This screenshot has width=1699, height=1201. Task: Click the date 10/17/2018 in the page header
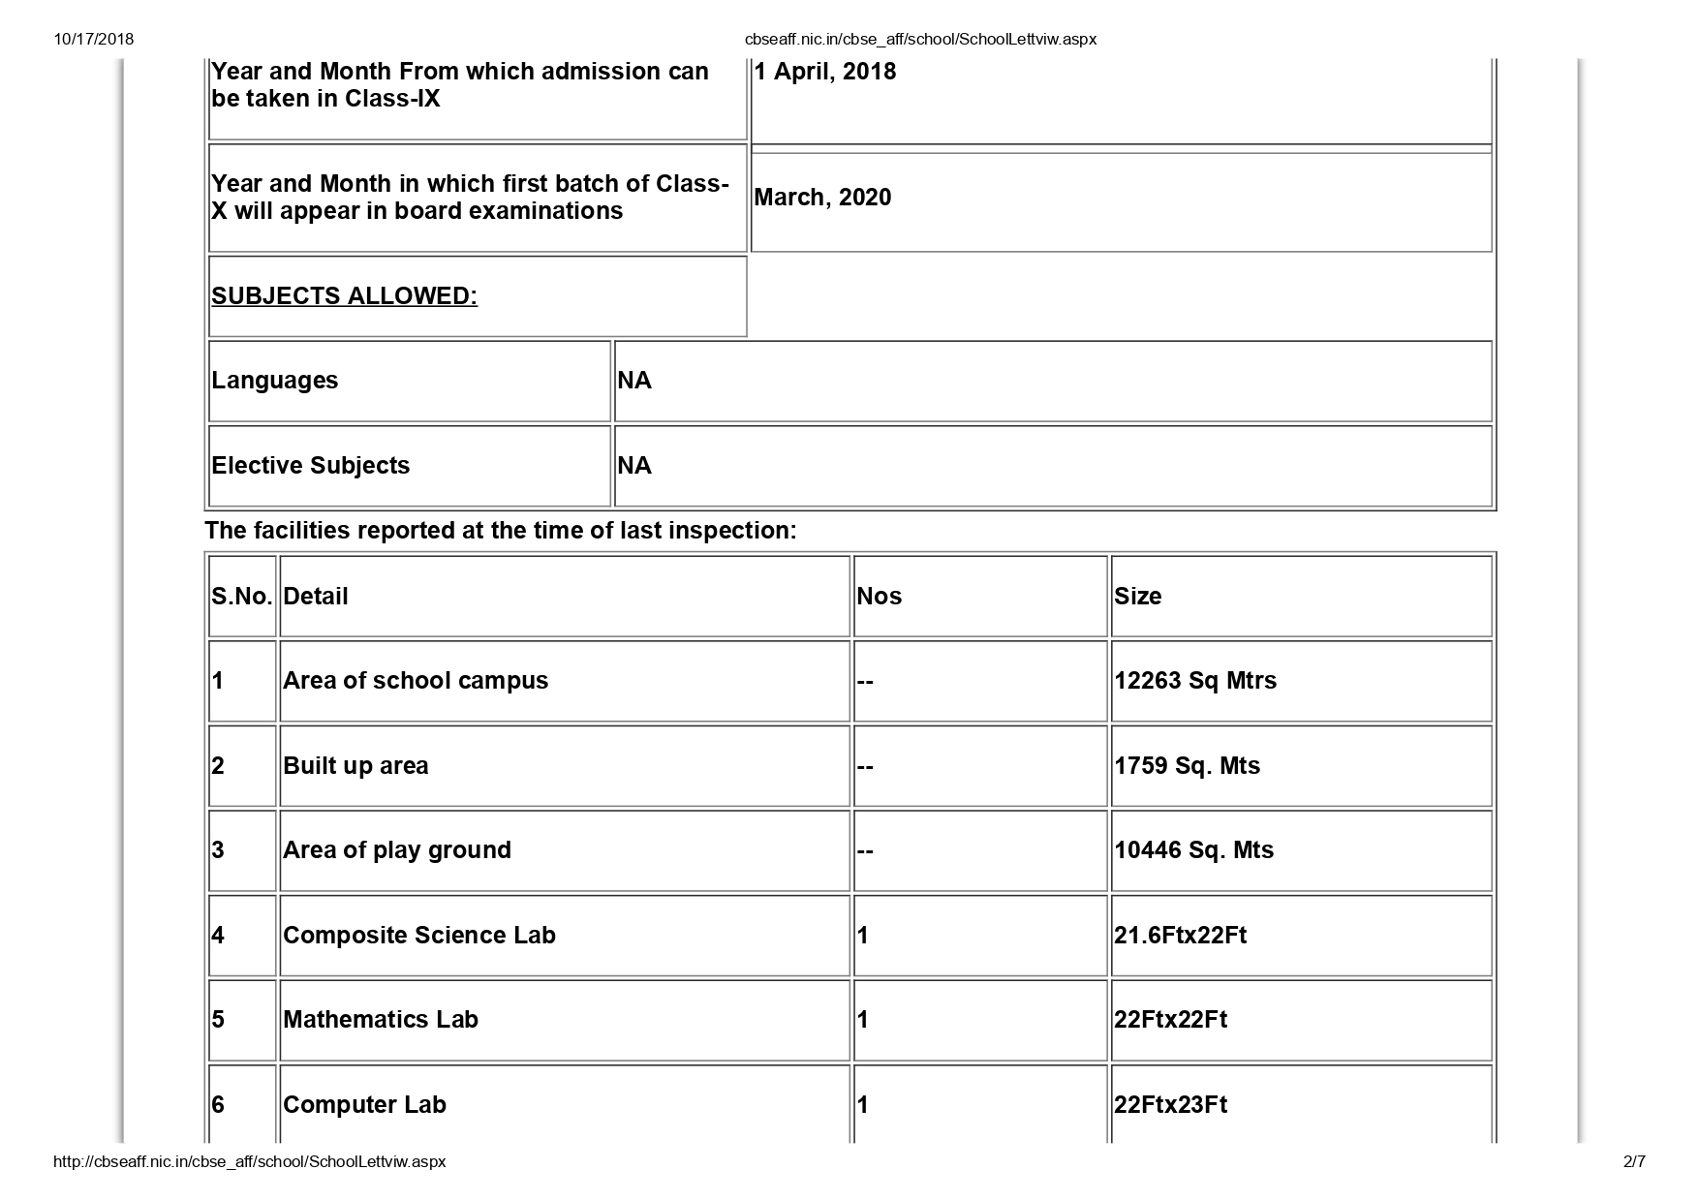[x=94, y=40]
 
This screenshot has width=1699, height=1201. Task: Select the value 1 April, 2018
[x=825, y=72]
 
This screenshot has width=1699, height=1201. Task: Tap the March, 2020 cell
[x=822, y=198]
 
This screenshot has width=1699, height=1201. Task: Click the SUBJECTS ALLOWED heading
[x=344, y=296]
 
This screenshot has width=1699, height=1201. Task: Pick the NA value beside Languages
[x=634, y=381]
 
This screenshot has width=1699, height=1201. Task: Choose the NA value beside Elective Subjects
[x=634, y=466]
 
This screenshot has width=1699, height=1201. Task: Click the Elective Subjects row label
[x=311, y=466]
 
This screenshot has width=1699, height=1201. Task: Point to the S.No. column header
[x=241, y=597]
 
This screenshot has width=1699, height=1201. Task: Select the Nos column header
[x=879, y=597]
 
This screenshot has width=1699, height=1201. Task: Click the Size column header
[x=1137, y=597]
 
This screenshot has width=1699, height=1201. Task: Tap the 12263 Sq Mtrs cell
[x=1194, y=681]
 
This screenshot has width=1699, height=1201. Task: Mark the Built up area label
[x=355, y=766]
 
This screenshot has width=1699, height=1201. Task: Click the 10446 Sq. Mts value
[x=1193, y=850]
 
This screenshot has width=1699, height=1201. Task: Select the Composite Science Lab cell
[x=419, y=936]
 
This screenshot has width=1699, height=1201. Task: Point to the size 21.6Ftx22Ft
[x=1180, y=936]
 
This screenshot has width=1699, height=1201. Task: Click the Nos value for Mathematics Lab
[x=863, y=1020]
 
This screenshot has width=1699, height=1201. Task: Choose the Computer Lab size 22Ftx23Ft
[x=1170, y=1105]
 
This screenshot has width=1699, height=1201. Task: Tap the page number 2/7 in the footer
[x=1633, y=1161]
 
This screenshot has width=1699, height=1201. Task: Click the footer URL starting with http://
[x=250, y=1161]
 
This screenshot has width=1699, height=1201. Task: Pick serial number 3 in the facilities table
[x=218, y=850]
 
